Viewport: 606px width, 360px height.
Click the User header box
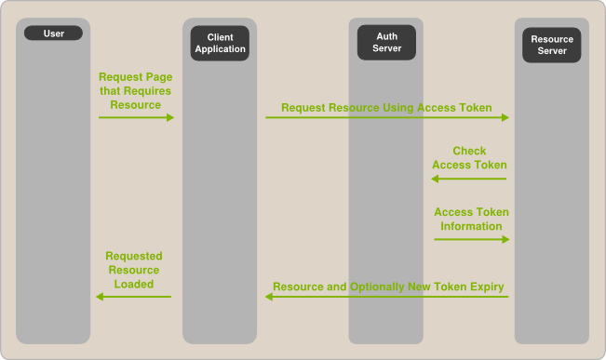click(54, 33)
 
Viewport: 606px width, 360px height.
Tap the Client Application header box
click(220, 43)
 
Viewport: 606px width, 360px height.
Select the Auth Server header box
click(386, 43)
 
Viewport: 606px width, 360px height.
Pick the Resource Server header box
click(552, 45)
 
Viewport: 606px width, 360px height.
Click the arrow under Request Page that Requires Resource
click(136, 117)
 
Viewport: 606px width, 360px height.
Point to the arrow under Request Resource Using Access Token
click(387, 117)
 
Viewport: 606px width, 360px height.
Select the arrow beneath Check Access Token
click(470, 178)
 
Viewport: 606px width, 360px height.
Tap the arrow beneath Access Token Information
click(471, 239)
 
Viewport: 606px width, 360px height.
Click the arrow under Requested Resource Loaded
click(134, 297)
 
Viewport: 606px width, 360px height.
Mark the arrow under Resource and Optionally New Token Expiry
click(387, 297)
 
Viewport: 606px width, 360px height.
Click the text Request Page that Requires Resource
click(136, 91)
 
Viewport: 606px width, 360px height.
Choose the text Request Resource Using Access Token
click(386, 108)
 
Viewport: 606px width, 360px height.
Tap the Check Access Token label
click(469, 158)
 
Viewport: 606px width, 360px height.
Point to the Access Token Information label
click(471, 219)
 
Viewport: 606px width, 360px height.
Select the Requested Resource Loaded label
click(134, 270)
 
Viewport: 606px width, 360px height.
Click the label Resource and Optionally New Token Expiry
click(388, 287)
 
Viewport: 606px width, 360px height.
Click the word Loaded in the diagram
click(134, 284)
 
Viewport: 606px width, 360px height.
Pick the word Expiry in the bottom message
click(486, 287)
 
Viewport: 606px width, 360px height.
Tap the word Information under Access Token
click(471, 226)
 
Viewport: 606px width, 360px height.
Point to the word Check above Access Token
click(469, 151)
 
